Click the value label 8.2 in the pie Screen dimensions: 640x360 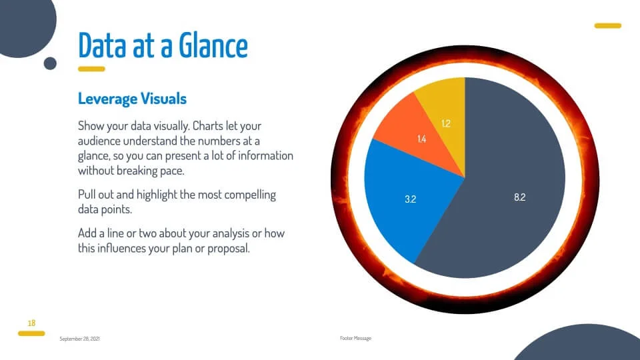(x=519, y=197)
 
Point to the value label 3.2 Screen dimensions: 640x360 (x=410, y=199)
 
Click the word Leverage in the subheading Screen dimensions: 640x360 (x=107, y=99)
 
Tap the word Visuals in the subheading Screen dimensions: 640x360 (x=164, y=99)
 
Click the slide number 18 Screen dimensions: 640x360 (x=31, y=323)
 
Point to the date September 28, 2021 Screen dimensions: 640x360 (x=79, y=339)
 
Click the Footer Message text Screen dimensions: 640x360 (x=355, y=339)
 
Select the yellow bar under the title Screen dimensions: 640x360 (x=91, y=69)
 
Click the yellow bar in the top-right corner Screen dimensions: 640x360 (x=608, y=26)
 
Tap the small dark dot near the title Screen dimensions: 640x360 (x=50, y=63)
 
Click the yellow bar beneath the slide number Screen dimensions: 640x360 (x=31, y=333)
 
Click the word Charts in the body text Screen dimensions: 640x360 (x=208, y=126)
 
